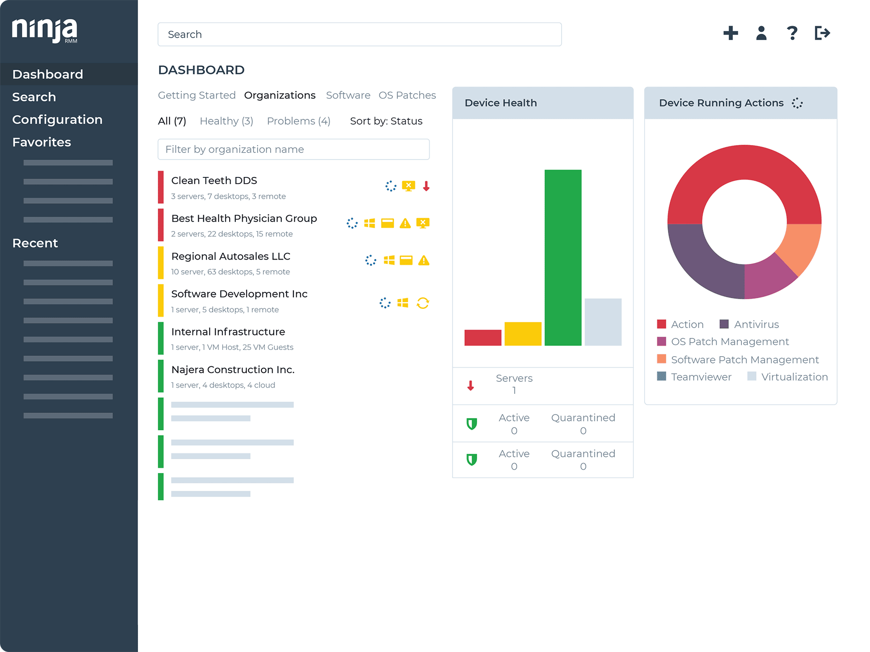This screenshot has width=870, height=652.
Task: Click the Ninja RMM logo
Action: click(x=44, y=31)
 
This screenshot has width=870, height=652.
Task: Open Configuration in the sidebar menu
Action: click(x=57, y=119)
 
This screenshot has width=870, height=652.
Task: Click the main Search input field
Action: click(x=359, y=34)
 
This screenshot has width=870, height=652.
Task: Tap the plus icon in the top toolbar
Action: click(x=730, y=33)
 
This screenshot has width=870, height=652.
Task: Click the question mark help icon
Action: click(x=792, y=33)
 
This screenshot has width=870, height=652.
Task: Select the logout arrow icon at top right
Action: click(x=822, y=33)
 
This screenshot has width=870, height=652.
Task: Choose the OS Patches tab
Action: click(x=407, y=95)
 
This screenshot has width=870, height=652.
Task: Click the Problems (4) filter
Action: click(x=298, y=121)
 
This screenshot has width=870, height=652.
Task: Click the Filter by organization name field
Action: click(x=293, y=149)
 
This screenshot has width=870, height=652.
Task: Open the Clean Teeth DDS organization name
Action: click(x=214, y=180)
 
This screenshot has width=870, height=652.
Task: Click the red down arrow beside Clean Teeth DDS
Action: click(x=426, y=186)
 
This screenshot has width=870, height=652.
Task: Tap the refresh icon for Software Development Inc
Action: click(x=423, y=303)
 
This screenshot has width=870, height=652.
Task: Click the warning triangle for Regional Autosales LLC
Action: click(x=424, y=261)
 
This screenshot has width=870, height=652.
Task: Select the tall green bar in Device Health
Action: click(x=563, y=257)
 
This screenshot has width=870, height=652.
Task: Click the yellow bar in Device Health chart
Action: click(x=522, y=333)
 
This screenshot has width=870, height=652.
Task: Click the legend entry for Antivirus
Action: click(x=756, y=324)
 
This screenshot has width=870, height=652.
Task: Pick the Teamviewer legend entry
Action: click(x=700, y=377)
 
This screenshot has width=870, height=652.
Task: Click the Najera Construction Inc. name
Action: click(x=232, y=370)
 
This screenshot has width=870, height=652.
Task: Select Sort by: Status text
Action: click(x=386, y=121)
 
